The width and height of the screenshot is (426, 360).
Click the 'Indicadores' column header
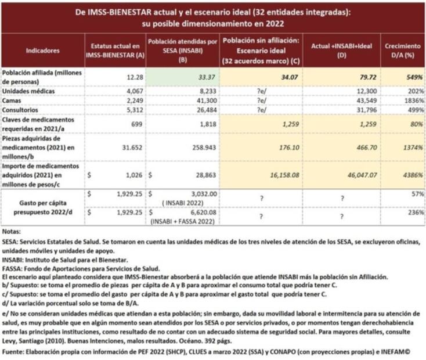pos(42,51)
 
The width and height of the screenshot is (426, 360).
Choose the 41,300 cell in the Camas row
pos(205,100)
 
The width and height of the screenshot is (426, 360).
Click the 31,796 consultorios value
pos(366,109)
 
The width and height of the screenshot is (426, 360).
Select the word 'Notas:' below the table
pos(12,231)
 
